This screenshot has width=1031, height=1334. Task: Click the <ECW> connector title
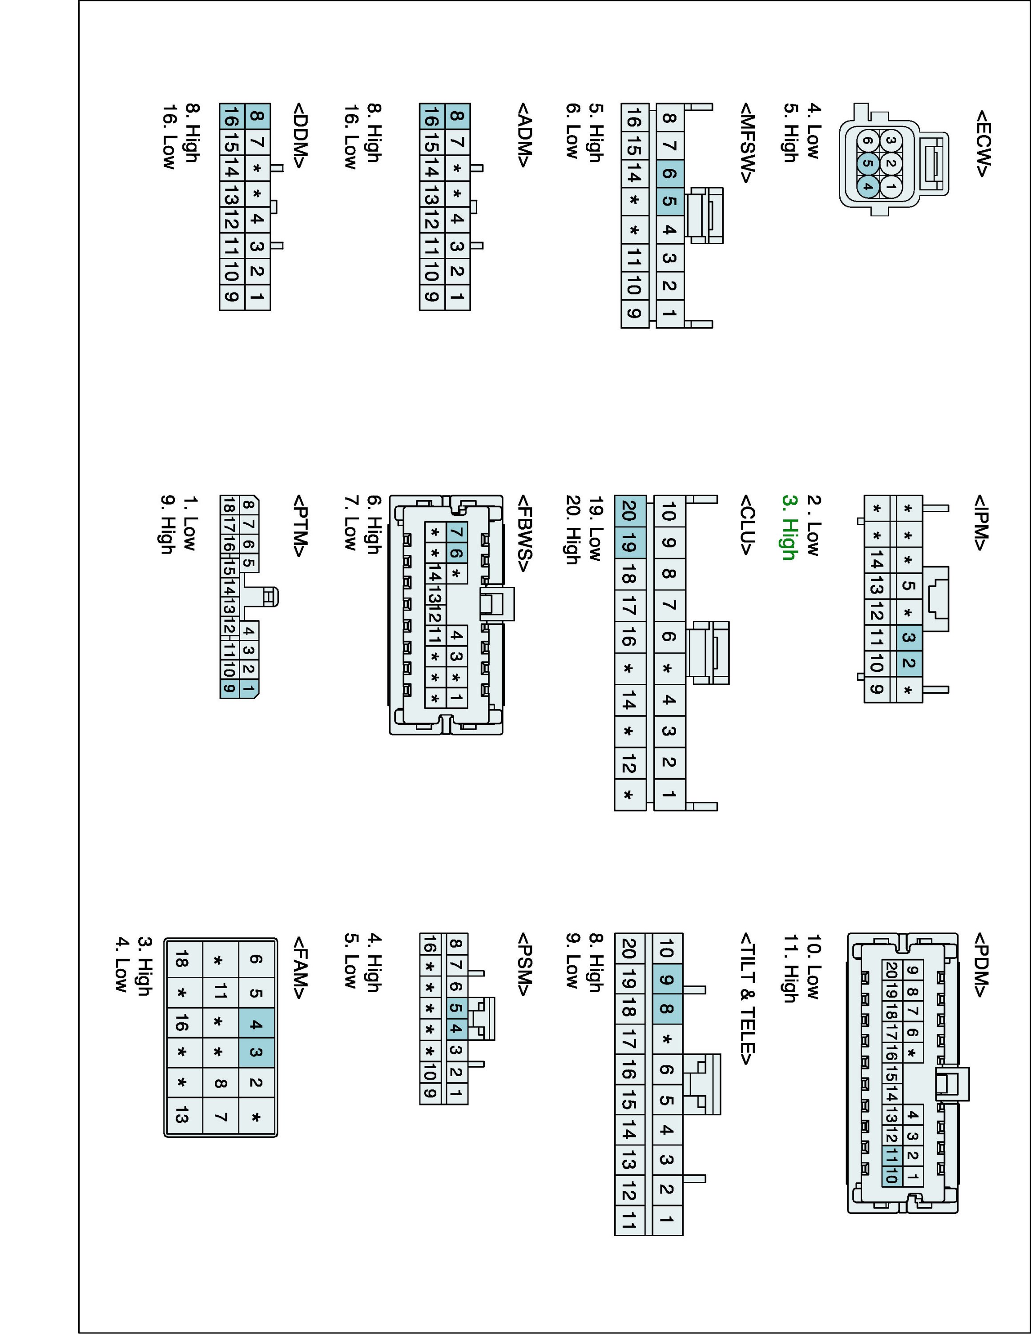983,144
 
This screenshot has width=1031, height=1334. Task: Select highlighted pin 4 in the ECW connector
867,187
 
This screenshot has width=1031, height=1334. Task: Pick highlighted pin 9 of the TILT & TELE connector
667,980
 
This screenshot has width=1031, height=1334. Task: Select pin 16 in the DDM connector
231,116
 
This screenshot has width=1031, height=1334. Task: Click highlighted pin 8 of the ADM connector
457,116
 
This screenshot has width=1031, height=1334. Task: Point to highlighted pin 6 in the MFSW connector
669,173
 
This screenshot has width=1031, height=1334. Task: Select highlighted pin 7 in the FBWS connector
457,533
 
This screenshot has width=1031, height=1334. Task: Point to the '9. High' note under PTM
167,525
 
